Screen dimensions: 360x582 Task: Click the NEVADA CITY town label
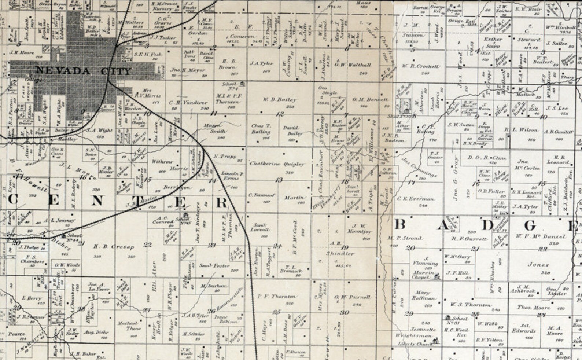(x=83, y=71)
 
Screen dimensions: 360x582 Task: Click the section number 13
(x=279, y=180)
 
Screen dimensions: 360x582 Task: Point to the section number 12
(x=280, y=114)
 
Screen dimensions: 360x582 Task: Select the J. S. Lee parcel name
(x=556, y=109)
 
